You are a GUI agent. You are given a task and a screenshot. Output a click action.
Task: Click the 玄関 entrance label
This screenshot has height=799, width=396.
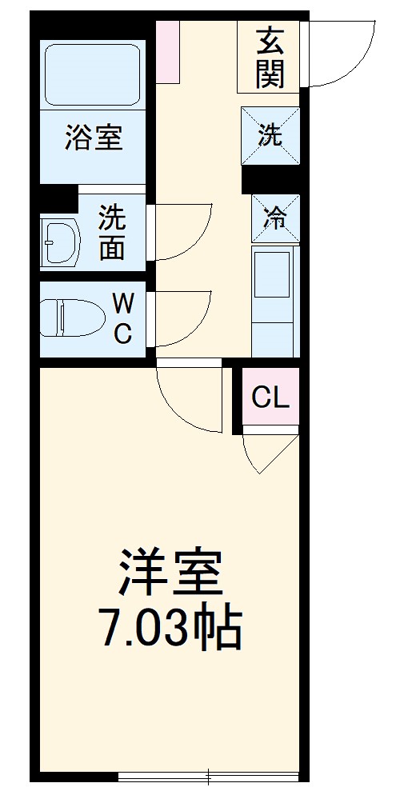(270, 57)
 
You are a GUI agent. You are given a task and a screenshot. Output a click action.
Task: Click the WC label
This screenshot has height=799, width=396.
(122, 318)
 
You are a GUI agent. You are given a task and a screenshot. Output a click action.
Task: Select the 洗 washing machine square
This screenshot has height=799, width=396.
(270, 135)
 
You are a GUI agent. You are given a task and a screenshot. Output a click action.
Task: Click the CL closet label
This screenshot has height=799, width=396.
(270, 397)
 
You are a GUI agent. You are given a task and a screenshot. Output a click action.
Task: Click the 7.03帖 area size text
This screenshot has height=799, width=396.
(170, 629)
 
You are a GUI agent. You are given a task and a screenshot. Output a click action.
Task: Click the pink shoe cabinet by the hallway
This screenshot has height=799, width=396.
(168, 51)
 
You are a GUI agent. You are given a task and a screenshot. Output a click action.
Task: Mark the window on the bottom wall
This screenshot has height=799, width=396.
(210, 775)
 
